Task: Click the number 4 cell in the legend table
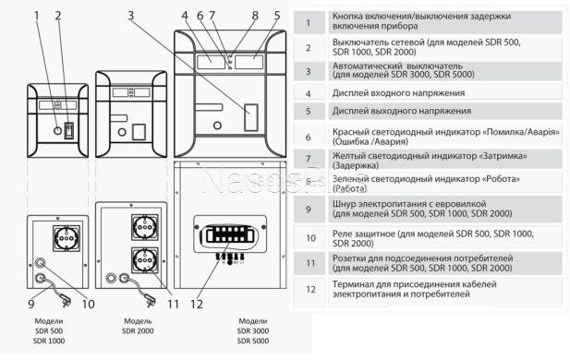click(308, 93)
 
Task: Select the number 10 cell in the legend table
click(308, 237)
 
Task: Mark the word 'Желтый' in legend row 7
click(351, 157)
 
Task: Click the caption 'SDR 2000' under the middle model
click(138, 330)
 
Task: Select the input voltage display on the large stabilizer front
click(211, 59)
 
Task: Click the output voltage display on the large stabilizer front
click(249, 59)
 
